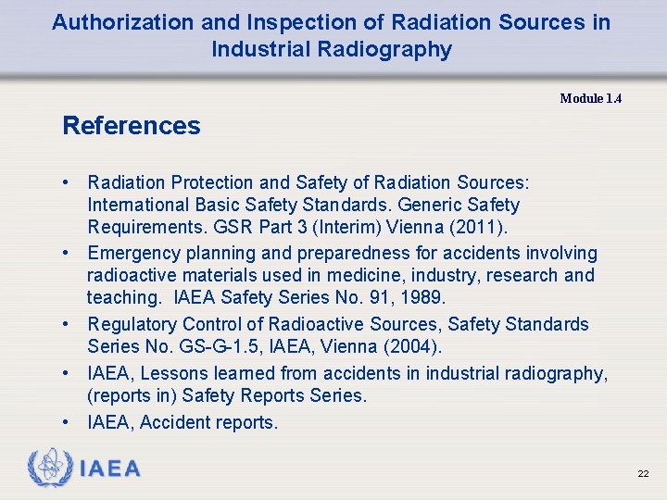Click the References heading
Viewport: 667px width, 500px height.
click(131, 126)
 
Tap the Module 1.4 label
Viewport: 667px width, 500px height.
click(590, 98)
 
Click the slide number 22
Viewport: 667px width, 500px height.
click(643, 473)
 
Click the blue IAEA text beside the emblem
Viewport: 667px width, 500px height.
click(110, 469)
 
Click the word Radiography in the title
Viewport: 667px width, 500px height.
click(396, 49)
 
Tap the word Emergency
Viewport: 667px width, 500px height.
click(133, 253)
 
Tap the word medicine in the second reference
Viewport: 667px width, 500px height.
click(345, 275)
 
